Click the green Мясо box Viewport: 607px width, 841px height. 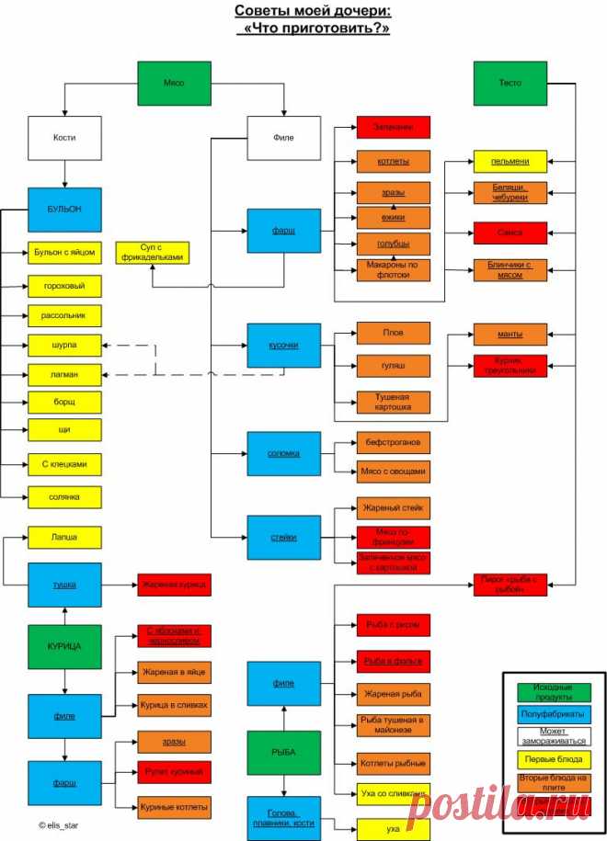(x=174, y=83)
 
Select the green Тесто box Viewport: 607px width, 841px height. (x=510, y=83)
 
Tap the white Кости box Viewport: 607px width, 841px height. (x=63, y=138)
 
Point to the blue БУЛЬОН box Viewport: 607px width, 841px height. (x=63, y=210)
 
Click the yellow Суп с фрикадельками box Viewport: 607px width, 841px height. (x=153, y=252)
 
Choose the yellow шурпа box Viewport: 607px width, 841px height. (x=63, y=346)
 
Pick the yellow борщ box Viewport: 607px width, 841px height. (x=63, y=403)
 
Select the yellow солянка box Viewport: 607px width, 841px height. (x=63, y=497)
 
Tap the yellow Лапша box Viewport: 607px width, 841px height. (x=63, y=537)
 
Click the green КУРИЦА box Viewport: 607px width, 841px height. (x=63, y=646)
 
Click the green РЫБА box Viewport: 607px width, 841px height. (x=283, y=752)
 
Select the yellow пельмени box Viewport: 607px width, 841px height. (x=510, y=162)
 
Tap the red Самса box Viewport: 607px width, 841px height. (x=510, y=233)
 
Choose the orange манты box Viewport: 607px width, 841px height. (x=510, y=334)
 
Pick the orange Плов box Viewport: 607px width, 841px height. (x=393, y=333)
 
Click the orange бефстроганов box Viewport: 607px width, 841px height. (x=393, y=443)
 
